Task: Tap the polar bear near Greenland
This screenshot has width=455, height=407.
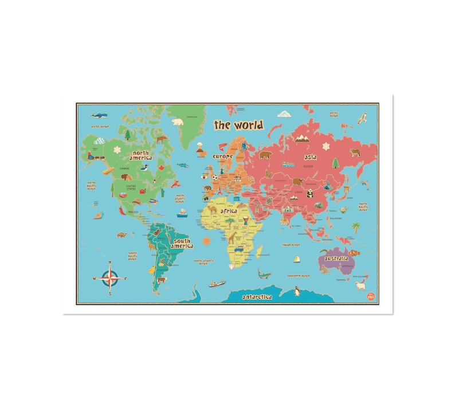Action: (x=178, y=122)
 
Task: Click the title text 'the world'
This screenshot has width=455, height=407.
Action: (x=238, y=124)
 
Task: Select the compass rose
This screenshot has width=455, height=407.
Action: (x=108, y=278)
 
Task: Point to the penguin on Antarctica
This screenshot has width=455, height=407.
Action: (x=298, y=291)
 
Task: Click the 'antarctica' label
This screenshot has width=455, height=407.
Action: (x=261, y=298)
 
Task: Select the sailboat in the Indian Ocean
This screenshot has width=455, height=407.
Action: (x=297, y=259)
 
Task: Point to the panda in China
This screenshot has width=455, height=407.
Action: (x=310, y=194)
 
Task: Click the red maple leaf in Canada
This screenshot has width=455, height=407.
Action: (x=162, y=167)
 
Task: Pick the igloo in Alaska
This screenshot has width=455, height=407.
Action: (x=99, y=140)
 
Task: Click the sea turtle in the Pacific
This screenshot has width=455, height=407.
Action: (x=121, y=234)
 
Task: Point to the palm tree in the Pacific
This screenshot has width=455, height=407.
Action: (x=355, y=226)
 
